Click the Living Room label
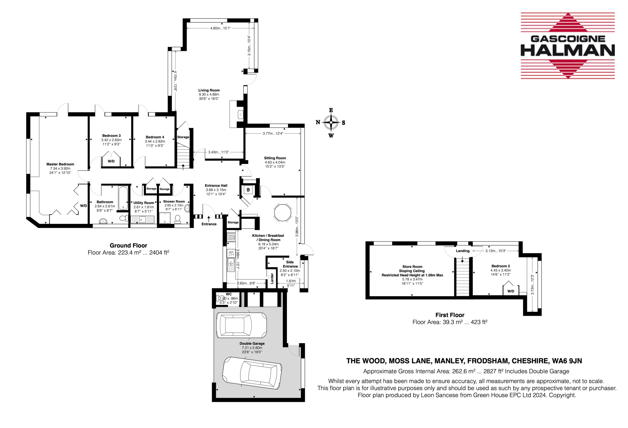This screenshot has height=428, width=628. pos(209,90)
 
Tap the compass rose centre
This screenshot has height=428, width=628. pos(331,122)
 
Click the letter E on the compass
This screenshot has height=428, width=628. pos(331,110)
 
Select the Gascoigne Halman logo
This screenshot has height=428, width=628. pos(568,46)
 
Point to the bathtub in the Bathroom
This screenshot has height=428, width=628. pos(123,198)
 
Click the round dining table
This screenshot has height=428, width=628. pos(282,212)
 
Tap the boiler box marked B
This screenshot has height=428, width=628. pos(248,190)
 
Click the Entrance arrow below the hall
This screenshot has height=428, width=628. pos(209,219)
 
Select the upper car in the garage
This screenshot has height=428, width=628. pos(241,325)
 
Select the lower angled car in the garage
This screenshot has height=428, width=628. pos(252,373)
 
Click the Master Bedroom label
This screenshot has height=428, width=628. pos(60,164)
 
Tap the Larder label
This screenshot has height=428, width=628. pos(272,278)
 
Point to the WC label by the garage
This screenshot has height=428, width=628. pos(229,294)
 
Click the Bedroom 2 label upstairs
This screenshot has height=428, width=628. pos(500,266)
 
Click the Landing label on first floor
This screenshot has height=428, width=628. pos(462,251)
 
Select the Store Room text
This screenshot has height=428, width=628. pos(412,267)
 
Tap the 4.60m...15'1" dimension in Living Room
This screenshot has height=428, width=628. pos(220,28)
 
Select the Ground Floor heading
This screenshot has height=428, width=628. pos(128,246)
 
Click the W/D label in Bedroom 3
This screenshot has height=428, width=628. pos(111,161)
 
